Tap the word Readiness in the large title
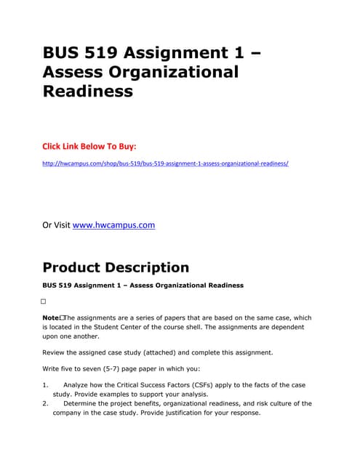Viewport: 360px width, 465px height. coord(88,91)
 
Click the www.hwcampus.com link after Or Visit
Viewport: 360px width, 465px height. coord(114,225)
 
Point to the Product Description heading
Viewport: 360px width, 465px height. coord(116,267)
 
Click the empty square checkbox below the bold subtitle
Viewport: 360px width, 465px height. coord(44,301)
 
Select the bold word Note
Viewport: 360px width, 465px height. coord(52,318)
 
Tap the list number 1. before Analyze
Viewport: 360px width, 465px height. coord(45,384)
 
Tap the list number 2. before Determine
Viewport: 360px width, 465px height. coord(45,403)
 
